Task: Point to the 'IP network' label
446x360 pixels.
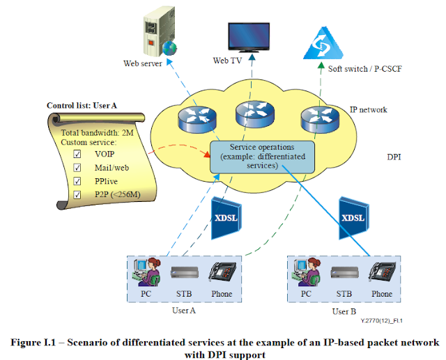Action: [368, 110]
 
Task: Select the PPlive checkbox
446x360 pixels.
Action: [77, 181]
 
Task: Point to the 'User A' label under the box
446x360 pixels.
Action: [185, 311]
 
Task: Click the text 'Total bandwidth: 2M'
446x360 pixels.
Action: [98, 132]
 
